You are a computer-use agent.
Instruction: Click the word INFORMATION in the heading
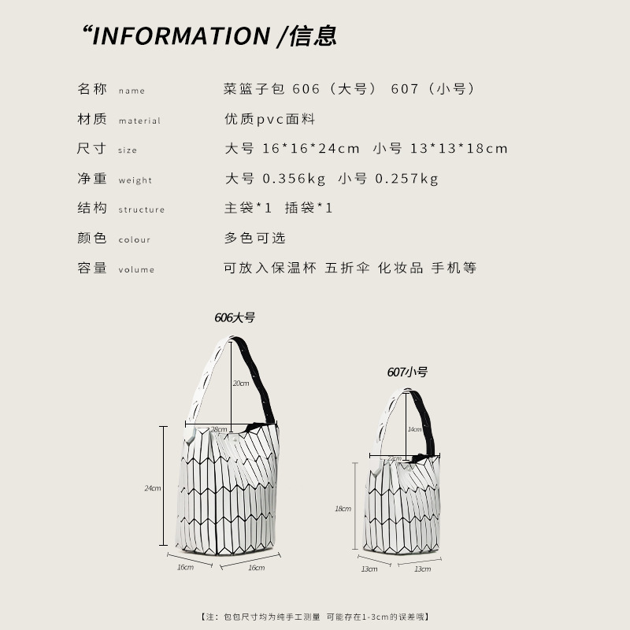(181, 36)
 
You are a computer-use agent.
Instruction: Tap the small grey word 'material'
(139, 121)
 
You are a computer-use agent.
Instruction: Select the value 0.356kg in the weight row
(294, 179)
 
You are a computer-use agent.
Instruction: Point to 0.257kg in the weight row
(406, 179)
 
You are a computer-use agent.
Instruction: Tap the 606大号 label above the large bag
(235, 318)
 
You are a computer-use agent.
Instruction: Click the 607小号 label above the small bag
(407, 372)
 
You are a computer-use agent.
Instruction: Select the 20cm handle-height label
(241, 384)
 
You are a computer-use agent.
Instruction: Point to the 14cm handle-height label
(414, 429)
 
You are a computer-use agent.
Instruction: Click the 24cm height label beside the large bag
(152, 488)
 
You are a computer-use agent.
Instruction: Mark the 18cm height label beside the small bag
(343, 509)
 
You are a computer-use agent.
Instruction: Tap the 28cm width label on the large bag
(219, 430)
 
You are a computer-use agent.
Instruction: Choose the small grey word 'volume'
(136, 269)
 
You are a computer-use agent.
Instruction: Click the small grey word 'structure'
(142, 209)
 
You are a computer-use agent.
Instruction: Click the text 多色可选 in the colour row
(255, 238)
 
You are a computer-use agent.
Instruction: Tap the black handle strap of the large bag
(256, 378)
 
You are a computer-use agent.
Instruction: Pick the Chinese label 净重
(92, 179)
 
